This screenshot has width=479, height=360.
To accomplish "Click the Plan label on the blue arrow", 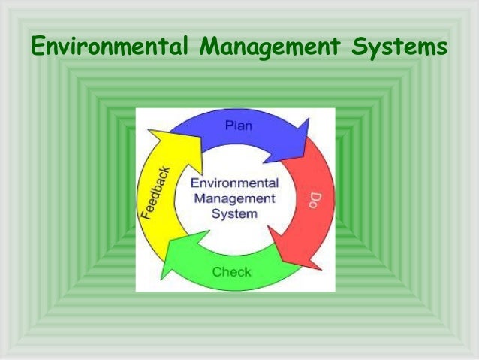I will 239,126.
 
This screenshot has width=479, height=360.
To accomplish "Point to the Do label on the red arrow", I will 315,200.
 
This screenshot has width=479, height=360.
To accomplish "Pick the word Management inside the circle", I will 235,198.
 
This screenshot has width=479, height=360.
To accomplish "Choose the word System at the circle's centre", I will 235,213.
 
